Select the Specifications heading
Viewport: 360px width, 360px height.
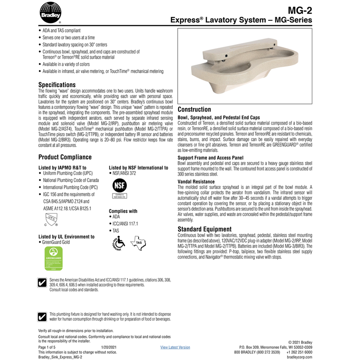57,85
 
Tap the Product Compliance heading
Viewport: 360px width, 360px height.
65,157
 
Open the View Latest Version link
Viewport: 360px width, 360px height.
175,347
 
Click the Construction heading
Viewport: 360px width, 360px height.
194,109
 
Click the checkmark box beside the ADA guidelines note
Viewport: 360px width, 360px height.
42,283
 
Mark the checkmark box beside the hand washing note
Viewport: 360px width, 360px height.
42,316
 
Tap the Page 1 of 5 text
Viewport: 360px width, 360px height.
47,347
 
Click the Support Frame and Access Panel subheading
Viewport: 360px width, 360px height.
211,158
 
